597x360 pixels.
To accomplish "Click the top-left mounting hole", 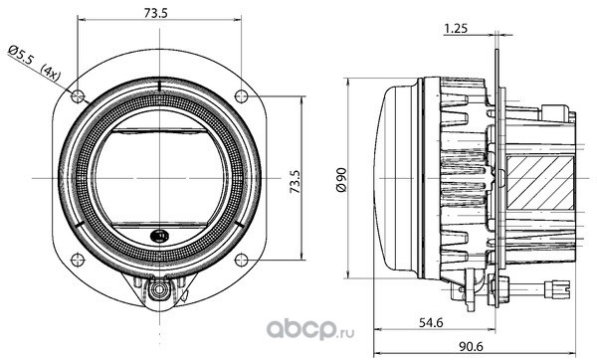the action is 78,95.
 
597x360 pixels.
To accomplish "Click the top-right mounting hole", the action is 242,95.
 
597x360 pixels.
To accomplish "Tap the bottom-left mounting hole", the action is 78,260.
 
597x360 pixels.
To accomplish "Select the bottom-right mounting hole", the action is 242,260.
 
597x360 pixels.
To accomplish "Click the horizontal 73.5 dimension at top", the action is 156,13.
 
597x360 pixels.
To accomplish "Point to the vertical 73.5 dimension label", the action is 296,181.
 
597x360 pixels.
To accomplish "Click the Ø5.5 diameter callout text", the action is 22,56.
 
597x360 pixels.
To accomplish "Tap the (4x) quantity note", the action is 51,73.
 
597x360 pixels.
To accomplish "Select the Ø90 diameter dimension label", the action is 342,179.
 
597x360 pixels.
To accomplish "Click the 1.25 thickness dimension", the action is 456,29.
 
